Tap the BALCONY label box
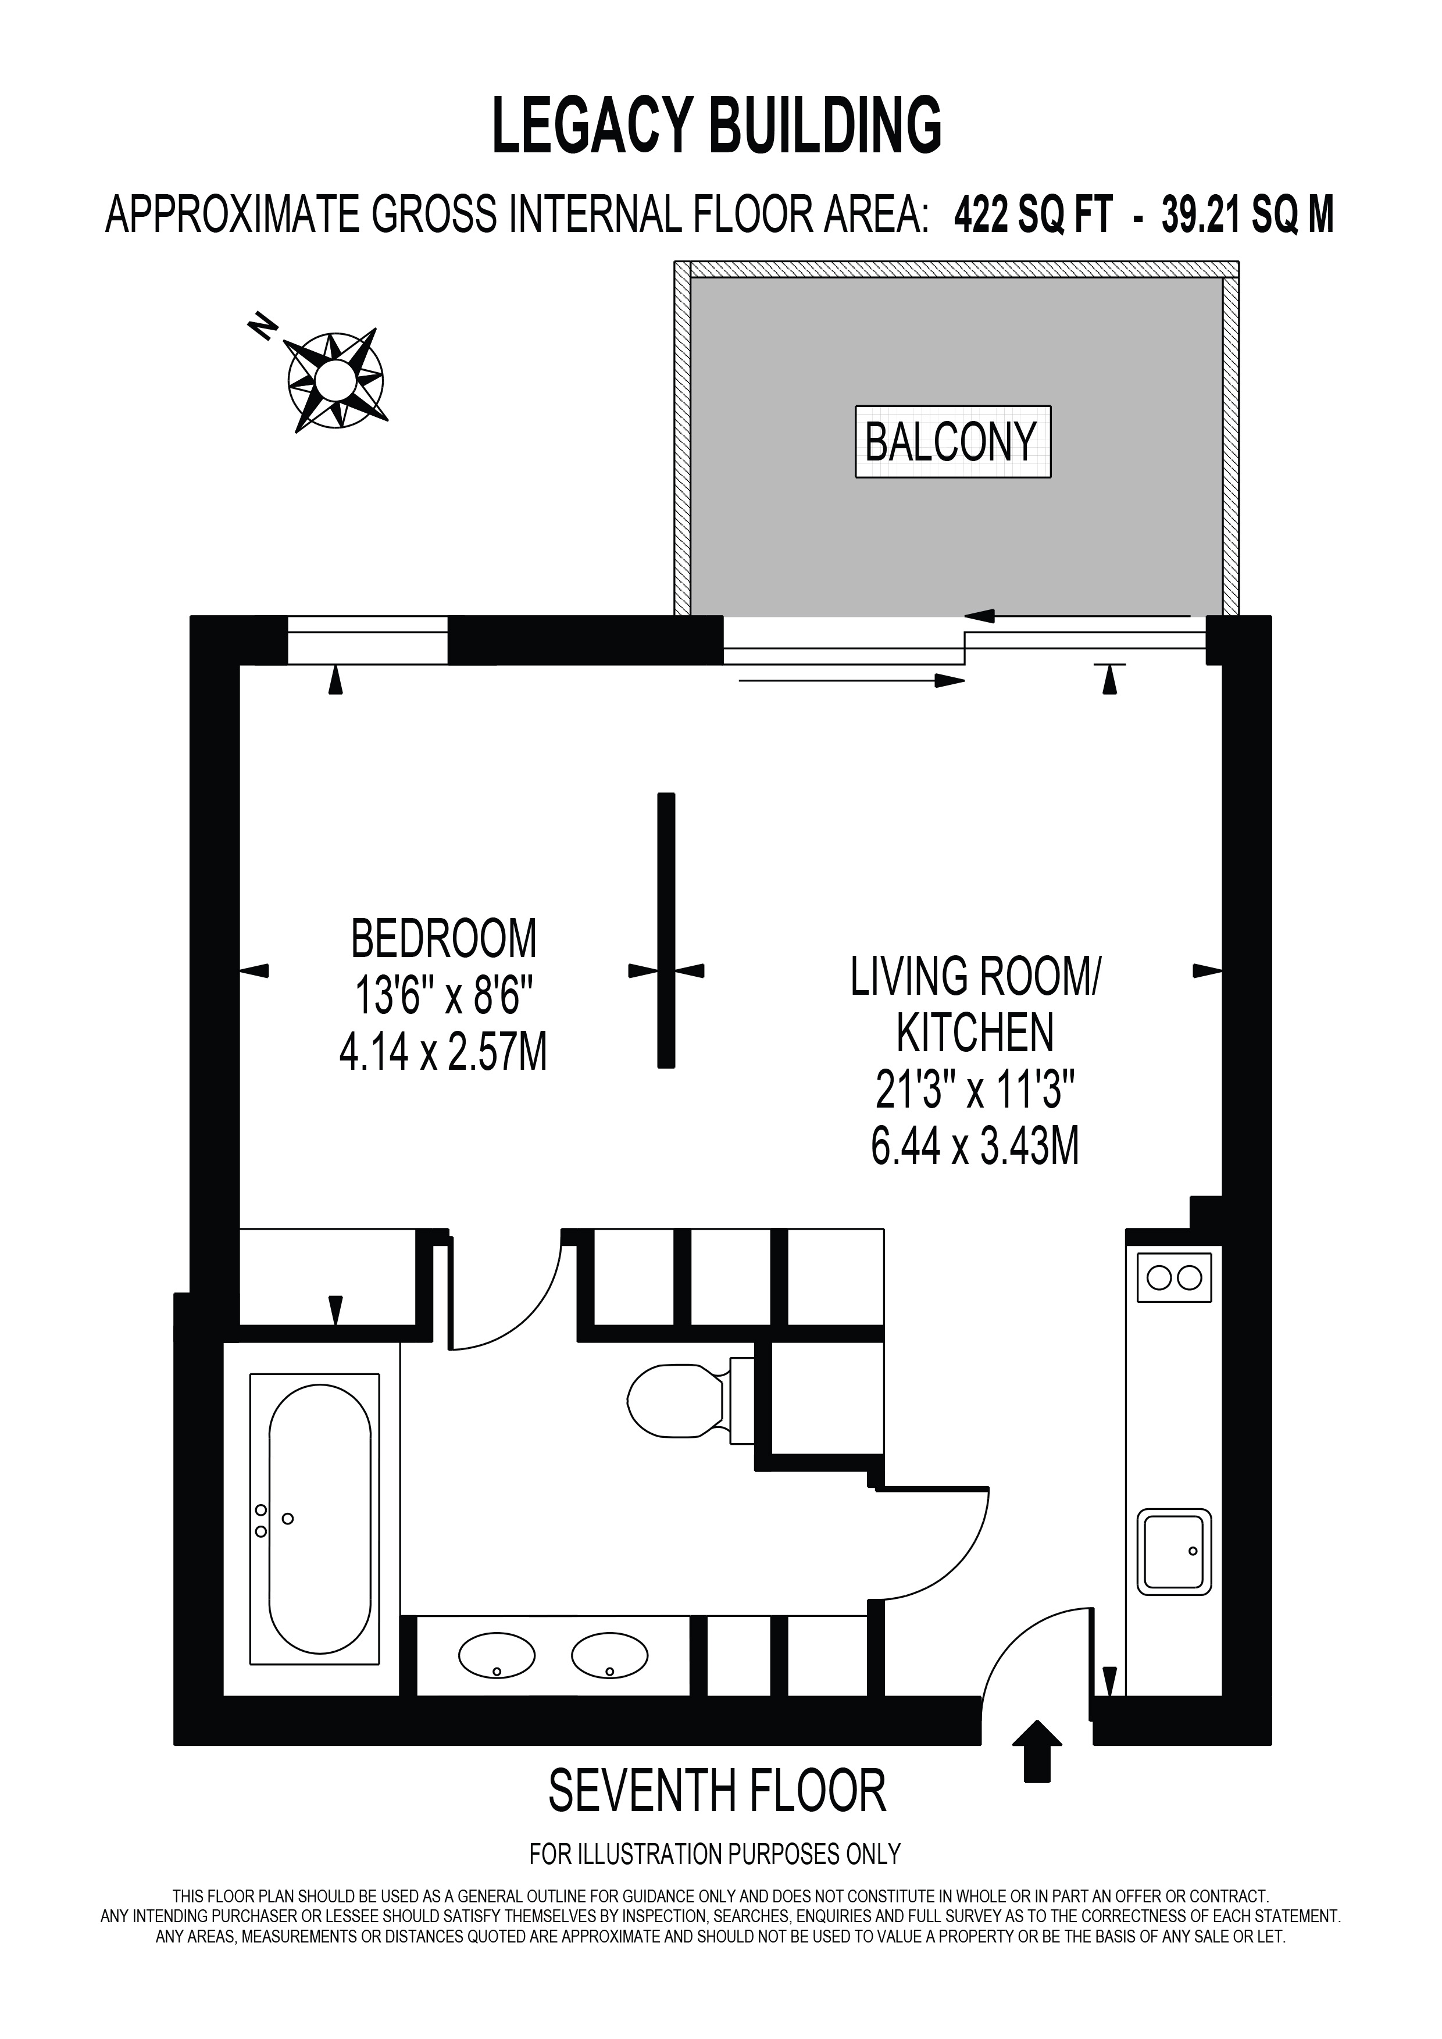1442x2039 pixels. coord(953,442)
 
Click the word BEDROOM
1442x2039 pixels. coord(444,939)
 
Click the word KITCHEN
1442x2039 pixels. coord(975,1032)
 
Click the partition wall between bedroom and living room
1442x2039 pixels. coord(666,930)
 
